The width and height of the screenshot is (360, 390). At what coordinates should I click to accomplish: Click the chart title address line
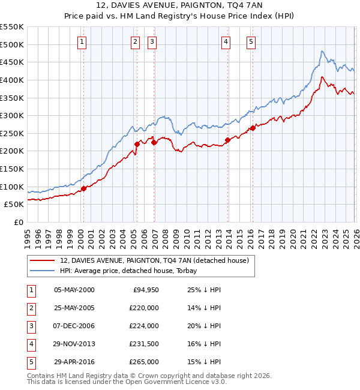(x=180, y=7)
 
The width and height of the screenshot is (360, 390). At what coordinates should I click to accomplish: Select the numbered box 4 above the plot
(x=226, y=41)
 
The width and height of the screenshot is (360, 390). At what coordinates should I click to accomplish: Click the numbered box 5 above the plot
(x=250, y=41)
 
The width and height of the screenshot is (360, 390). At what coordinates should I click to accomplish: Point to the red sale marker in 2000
(x=84, y=188)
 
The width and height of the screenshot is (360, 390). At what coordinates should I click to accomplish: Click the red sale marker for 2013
(x=227, y=140)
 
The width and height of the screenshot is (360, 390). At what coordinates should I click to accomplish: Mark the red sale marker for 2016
(x=253, y=128)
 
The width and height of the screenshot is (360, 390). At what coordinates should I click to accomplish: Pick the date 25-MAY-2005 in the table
(x=74, y=307)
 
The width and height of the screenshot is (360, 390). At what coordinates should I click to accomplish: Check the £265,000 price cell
(x=144, y=362)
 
